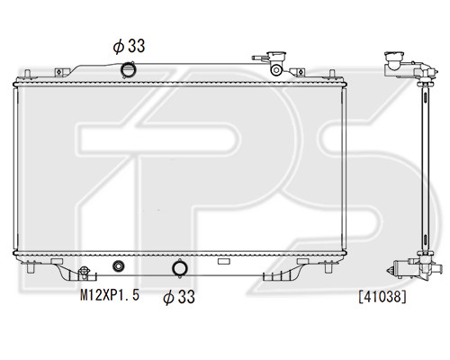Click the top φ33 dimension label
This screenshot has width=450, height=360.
[129, 46]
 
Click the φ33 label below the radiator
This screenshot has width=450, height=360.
[179, 297]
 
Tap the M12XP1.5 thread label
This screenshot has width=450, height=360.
[110, 295]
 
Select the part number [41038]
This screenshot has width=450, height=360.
[382, 297]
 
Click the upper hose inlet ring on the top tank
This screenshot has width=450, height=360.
[128, 69]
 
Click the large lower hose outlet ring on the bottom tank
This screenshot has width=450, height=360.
[180, 268]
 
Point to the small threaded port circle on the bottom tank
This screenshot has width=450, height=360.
[119, 265]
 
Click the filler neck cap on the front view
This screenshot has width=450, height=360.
[276, 56]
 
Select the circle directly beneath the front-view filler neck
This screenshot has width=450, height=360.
[276, 70]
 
